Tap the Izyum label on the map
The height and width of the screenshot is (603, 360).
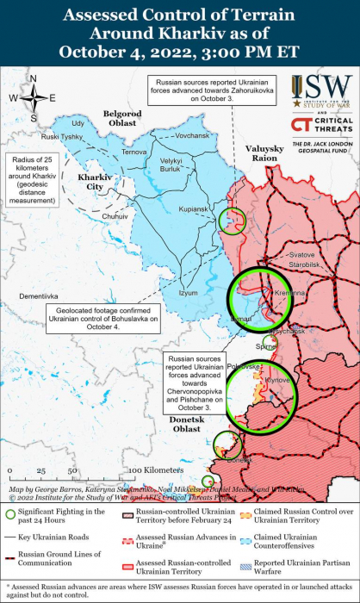pos(187,293)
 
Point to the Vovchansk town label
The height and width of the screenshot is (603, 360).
pos(191,135)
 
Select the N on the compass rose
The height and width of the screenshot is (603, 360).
pos(33,80)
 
